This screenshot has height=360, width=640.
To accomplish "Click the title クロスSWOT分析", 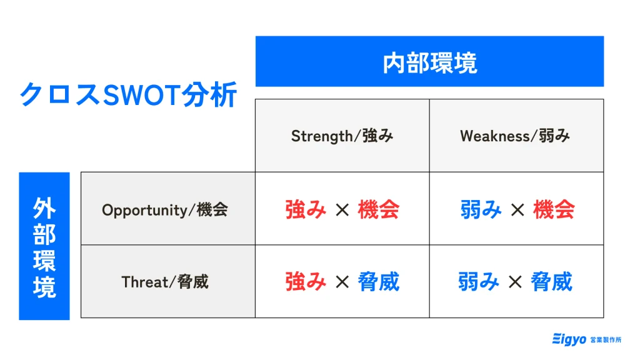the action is point(128,94).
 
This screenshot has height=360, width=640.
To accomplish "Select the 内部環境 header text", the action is point(430,63).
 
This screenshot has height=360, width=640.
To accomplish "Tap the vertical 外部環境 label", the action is point(44,247).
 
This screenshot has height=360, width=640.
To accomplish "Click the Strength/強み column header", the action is point(342,136).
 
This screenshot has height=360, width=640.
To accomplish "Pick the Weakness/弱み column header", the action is point(515,136).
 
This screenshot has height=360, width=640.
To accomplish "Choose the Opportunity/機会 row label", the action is point(165,210).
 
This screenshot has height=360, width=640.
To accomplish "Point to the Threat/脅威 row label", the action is point(165,282).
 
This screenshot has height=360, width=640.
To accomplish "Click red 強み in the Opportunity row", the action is point(306,209).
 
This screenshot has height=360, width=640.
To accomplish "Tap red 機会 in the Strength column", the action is point(378,209).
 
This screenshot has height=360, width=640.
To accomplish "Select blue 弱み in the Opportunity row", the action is point(481,209).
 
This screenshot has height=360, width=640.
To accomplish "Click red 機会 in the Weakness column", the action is point(554,209).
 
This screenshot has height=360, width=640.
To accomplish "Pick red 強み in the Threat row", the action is point(306,282).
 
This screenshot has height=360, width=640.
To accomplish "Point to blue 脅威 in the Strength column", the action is point(378,282).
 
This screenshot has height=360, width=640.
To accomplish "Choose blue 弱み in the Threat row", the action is point(478,282).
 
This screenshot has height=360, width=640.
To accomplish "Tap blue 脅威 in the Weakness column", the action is point(551,282).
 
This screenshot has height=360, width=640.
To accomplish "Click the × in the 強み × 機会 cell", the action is point(342,210).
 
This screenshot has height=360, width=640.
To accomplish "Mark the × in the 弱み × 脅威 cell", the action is point(515,282).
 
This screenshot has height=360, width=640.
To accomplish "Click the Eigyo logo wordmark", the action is point(569,339).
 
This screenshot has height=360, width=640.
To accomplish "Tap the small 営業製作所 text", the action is point(606,339).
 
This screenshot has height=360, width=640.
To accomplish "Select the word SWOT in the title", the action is point(141,95).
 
